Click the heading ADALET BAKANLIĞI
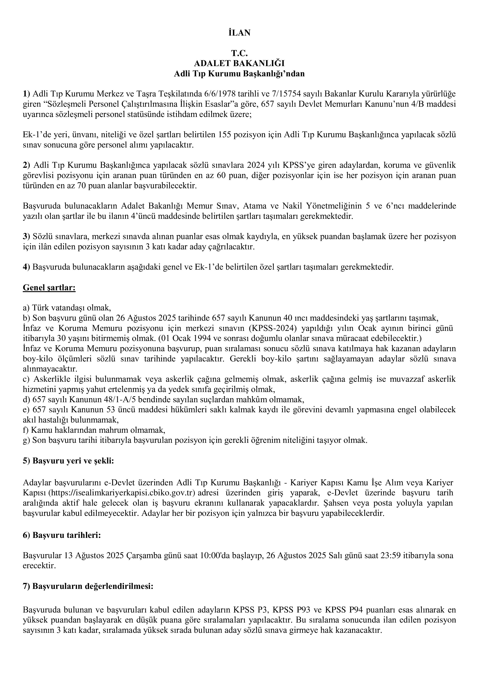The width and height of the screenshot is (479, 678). (239, 63)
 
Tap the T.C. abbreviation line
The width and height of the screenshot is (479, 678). (239, 53)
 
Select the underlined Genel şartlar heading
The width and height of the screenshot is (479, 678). (49, 288)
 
